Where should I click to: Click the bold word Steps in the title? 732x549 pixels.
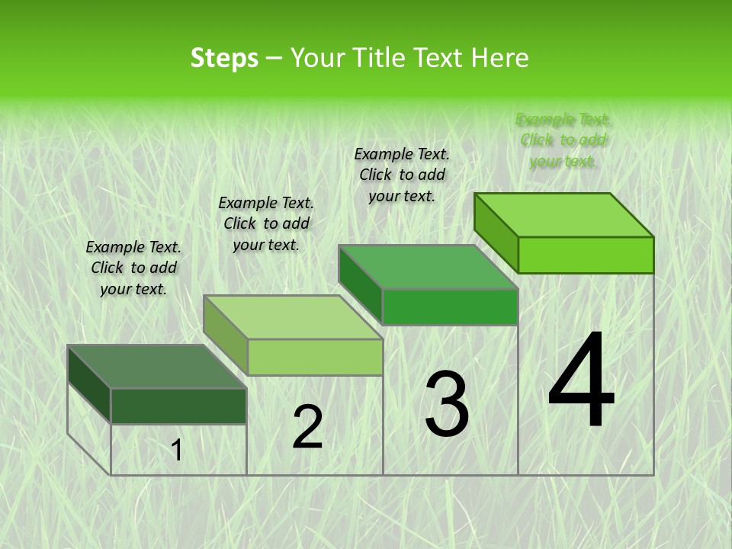point(224,58)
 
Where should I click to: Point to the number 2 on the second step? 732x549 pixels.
point(308,427)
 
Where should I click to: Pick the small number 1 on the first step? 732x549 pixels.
point(177,451)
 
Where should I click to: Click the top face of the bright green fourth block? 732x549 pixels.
point(564,215)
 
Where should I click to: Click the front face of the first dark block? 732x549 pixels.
point(178,406)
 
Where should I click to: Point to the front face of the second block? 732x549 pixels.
point(315,357)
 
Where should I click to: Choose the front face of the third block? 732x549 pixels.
point(450,307)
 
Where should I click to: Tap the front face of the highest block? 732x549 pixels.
point(586,255)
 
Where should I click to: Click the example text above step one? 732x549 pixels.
point(133,268)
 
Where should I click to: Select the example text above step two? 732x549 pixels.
point(266,223)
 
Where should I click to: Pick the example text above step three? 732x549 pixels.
point(402,175)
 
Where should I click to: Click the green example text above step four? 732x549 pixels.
point(563,140)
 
